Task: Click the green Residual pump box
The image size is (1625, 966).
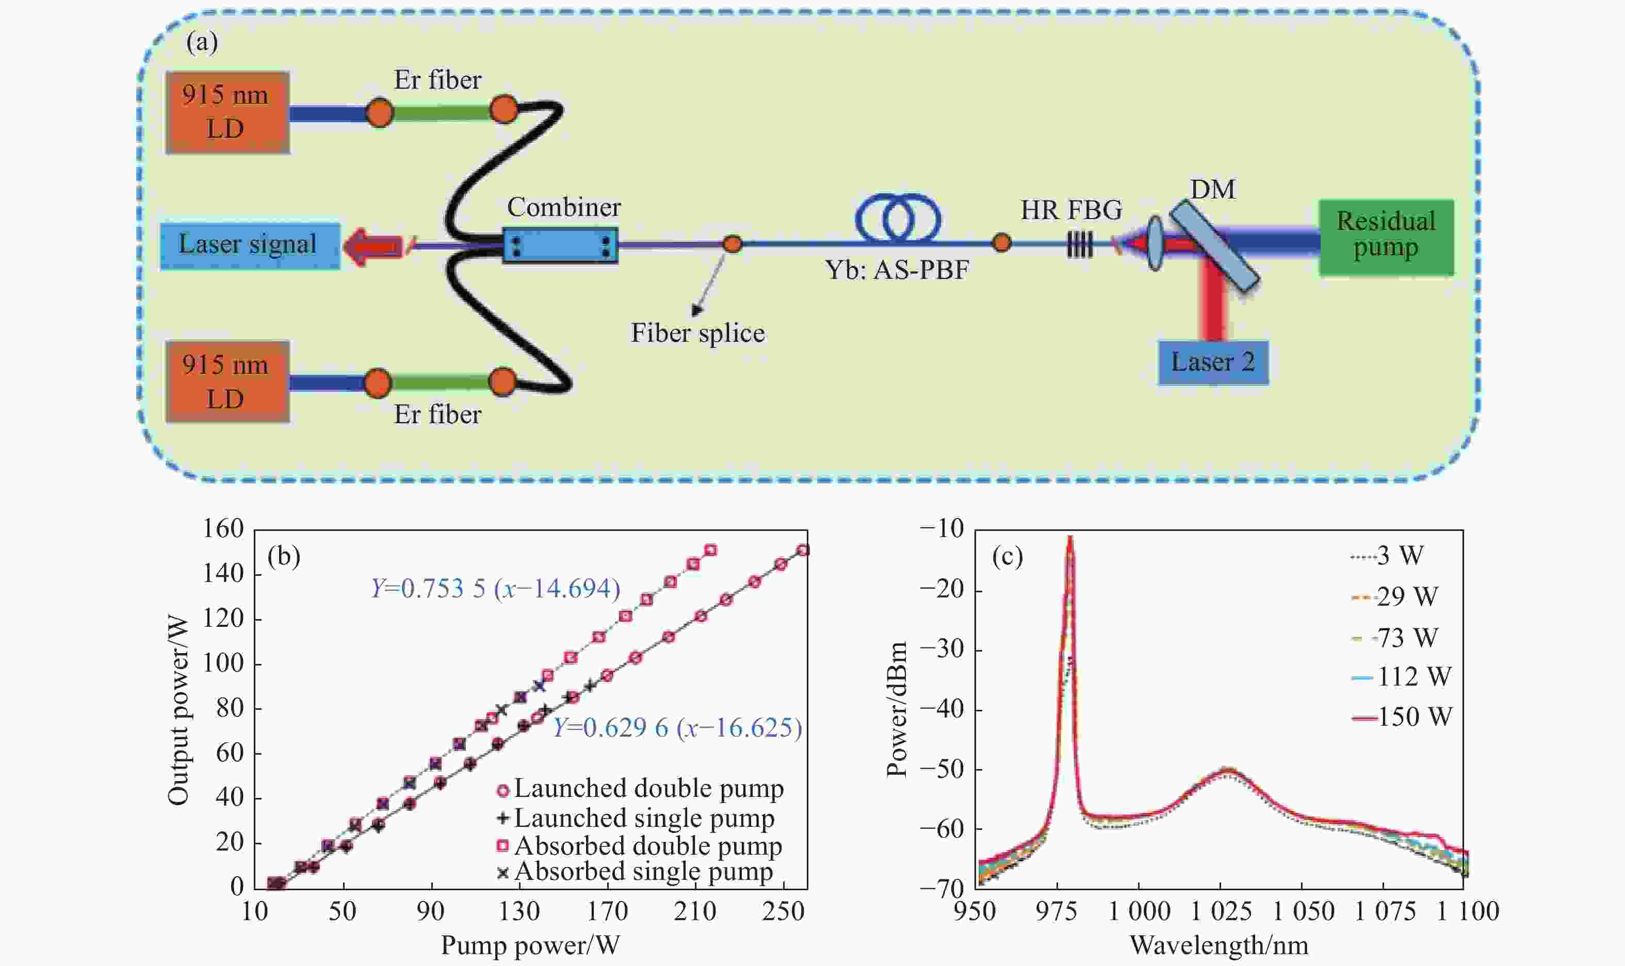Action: pyautogui.click(x=1386, y=238)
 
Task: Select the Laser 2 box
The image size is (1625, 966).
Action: pyautogui.click(x=1213, y=362)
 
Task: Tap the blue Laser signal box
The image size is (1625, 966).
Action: pyautogui.click(x=250, y=245)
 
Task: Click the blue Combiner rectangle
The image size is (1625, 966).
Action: pyautogui.click(x=560, y=245)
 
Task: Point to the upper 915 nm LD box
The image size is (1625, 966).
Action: pyautogui.click(x=228, y=112)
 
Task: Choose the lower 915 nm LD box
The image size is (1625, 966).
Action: pyautogui.click(x=228, y=382)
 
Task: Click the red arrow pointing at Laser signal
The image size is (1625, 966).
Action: pyautogui.click(x=372, y=247)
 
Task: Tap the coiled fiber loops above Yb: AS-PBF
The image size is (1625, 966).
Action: pyautogui.click(x=898, y=218)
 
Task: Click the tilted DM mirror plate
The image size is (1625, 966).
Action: pyautogui.click(x=1214, y=245)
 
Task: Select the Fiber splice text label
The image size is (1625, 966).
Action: pyautogui.click(x=697, y=334)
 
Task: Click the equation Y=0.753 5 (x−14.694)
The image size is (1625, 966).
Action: pyautogui.click(x=495, y=589)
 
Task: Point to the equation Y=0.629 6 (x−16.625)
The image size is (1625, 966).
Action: pyautogui.click(x=677, y=727)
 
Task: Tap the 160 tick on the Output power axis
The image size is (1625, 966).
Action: pyautogui.click(x=223, y=528)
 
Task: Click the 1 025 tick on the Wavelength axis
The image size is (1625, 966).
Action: pyautogui.click(x=1221, y=911)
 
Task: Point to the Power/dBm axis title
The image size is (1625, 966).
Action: pyautogui.click(x=897, y=709)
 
